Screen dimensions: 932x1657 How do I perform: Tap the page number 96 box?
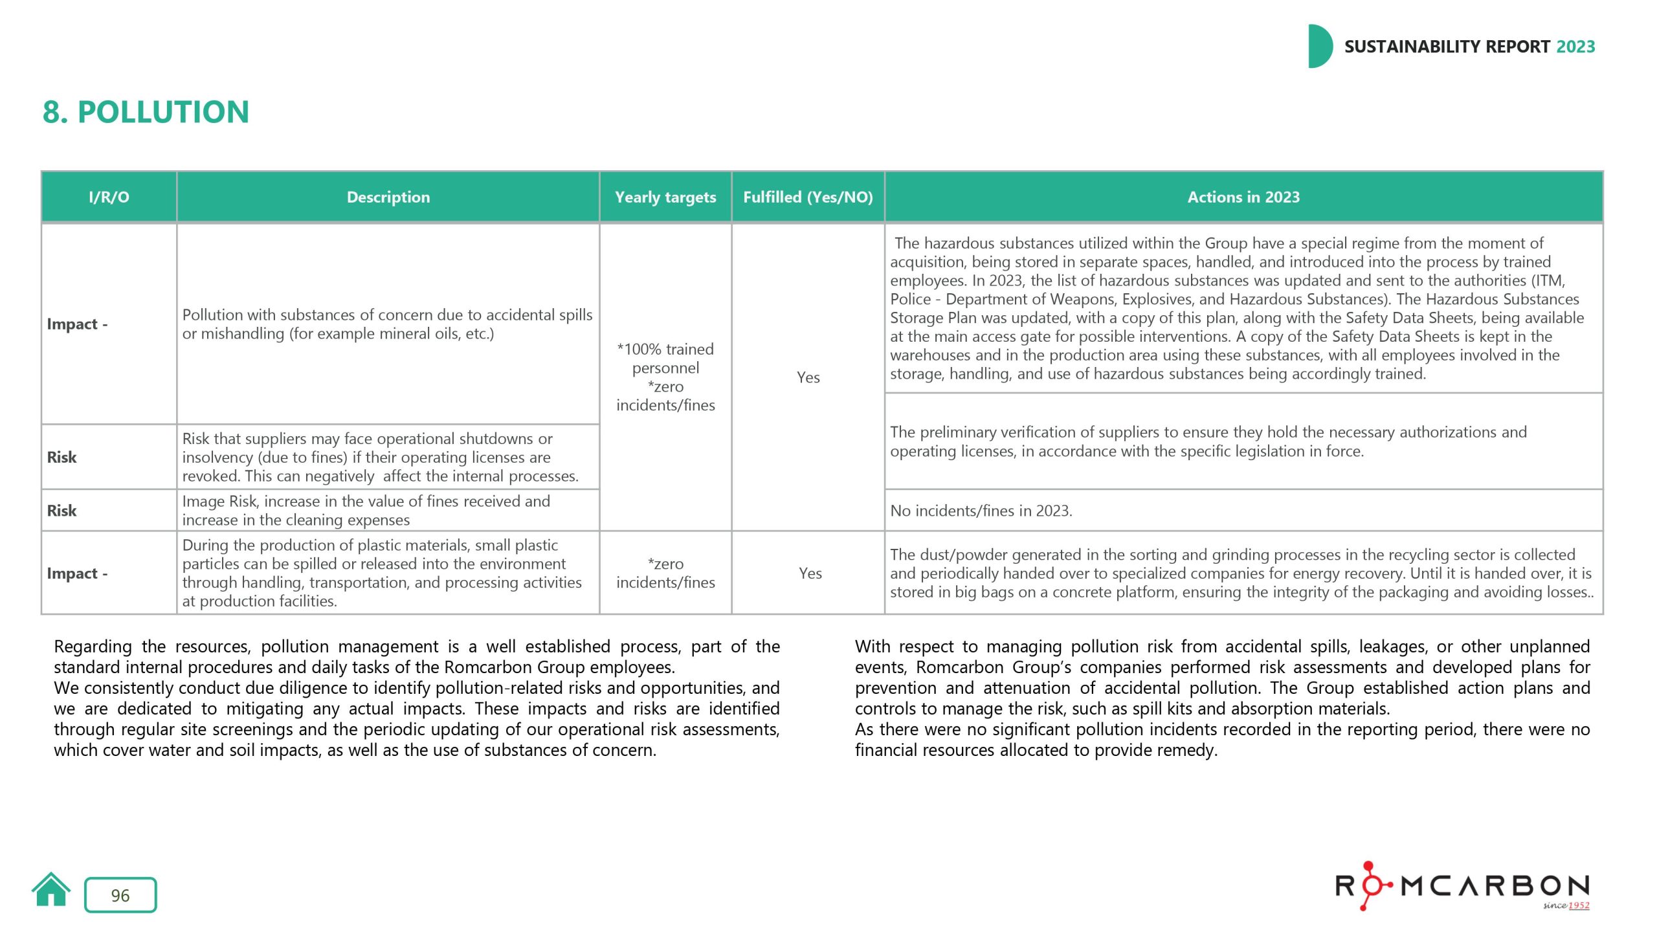coord(120,895)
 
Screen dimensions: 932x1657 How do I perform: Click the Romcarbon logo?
coord(1462,886)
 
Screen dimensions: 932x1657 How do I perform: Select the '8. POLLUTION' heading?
coord(146,112)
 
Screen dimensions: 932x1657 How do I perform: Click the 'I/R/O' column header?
coord(109,197)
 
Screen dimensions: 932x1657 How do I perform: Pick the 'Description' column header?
coord(388,197)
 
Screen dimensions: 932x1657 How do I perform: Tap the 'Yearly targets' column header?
coord(665,197)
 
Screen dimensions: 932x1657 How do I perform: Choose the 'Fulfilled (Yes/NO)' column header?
coord(808,197)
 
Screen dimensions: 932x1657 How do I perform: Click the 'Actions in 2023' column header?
coord(1243,197)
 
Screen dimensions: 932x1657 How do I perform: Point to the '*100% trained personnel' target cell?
coord(665,359)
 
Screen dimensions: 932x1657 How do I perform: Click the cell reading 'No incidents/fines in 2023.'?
coord(981,511)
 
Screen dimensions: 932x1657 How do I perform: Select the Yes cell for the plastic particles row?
coord(810,573)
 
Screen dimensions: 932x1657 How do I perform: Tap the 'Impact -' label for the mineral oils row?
coord(77,324)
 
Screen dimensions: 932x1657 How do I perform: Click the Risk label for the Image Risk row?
coord(61,511)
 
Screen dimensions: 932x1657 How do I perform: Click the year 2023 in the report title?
coord(1575,47)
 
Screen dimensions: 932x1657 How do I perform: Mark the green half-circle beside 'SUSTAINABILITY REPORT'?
coord(1319,47)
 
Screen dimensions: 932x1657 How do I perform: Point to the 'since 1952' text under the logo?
coord(1566,905)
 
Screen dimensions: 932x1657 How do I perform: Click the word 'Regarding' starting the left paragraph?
coord(93,647)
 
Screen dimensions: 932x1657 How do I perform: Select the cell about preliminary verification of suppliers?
coord(1208,441)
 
